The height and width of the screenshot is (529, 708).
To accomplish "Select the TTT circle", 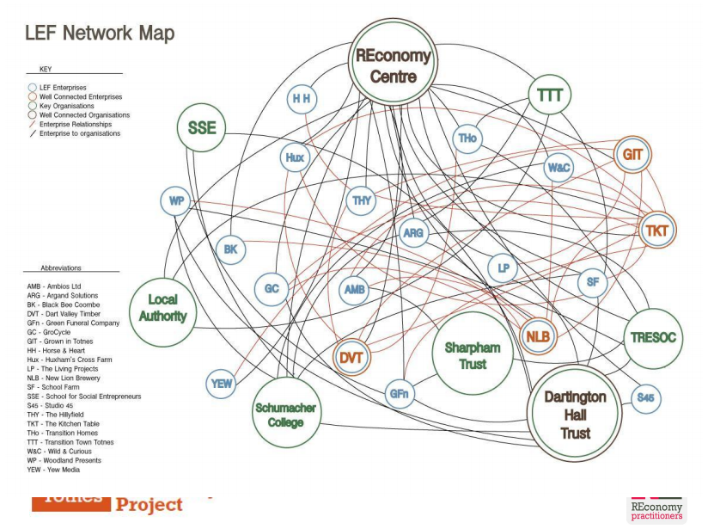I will pyautogui.click(x=550, y=95).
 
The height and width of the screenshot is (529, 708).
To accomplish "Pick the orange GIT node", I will pyautogui.click(x=633, y=155).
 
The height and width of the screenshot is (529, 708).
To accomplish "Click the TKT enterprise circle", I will pyautogui.click(x=656, y=231).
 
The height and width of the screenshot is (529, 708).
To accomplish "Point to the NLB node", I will pyautogui.click(x=538, y=336).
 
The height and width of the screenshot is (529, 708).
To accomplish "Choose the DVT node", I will pyautogui.click(x=350, y=357).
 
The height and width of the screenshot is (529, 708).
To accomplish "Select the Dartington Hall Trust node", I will pyautogui.click(x=575, y=415).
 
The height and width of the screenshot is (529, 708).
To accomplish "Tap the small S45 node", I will pyautogui.click(x=646, y=398).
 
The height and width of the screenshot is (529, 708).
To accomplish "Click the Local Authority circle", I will pyautogui.click(x=162, y=308).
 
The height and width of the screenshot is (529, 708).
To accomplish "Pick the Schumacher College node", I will pyautogui.click(x=285, y=415).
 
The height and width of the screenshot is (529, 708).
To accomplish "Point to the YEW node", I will pyautogui.click(x=222, y=384).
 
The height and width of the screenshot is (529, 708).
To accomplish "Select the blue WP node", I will pyautogui.click(x=176, y=201).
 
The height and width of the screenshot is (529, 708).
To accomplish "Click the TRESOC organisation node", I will pyautogui.click(x=653, y=337).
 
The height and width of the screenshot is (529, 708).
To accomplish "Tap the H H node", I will pyautogui.click(x=302, y=99).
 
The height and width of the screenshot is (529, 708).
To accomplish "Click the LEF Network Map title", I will pyautogui.click(x=100, y=34).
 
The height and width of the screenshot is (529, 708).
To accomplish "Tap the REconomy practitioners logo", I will pyautogui.click(x=657, y=510).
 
